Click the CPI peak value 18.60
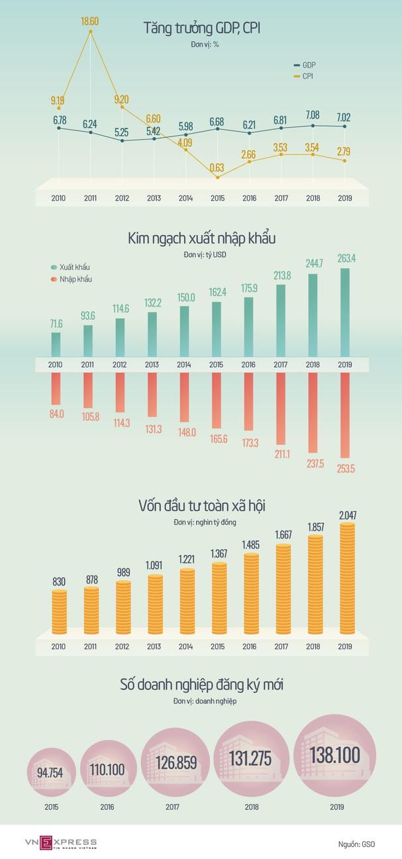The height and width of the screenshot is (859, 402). coord(90,21)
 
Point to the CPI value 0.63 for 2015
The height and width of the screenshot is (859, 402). coord(217,167)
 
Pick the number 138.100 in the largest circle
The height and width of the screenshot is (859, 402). coord(334,755)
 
